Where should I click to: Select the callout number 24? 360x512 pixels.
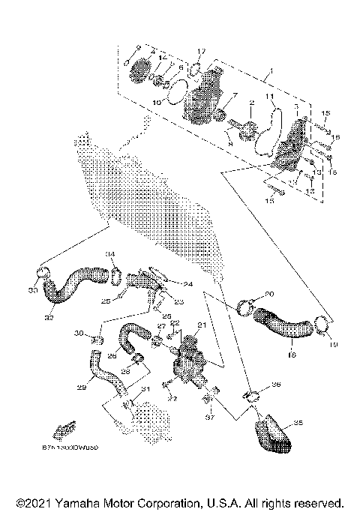pos(187,284)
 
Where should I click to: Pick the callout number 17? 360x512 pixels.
pos(201,51)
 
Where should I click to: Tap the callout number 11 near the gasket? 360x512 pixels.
pos(270,97)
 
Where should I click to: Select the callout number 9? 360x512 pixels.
pos(137,47)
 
